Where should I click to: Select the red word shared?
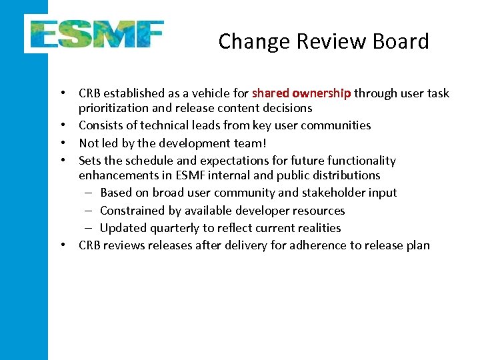point(271,93)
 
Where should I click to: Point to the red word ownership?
point(321,93)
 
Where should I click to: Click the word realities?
point(317,228)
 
